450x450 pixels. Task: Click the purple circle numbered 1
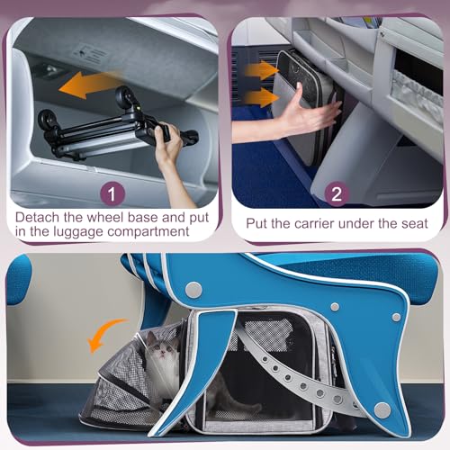tap(110, 192)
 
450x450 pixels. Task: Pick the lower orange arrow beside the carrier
tap(260, 97)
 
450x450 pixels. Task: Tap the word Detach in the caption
tap(40, 217)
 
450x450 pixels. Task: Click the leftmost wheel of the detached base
tap(46, 120)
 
